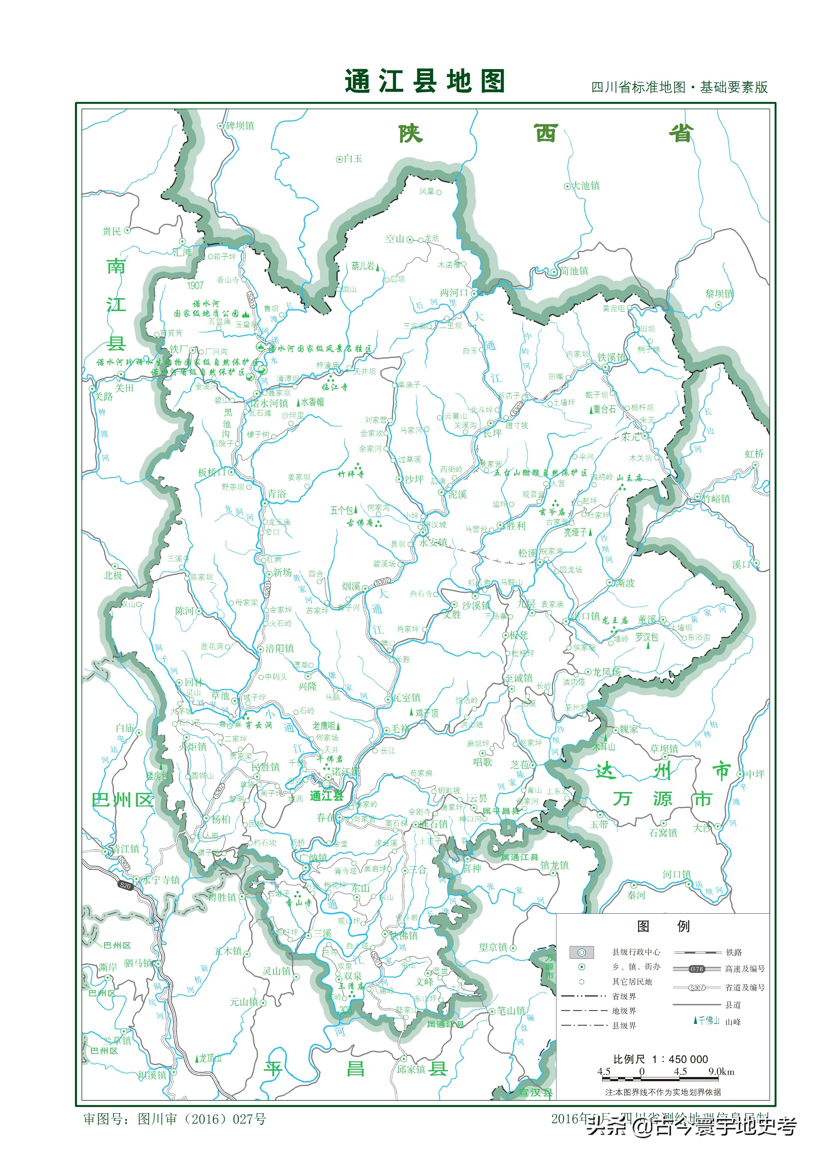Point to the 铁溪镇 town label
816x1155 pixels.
[611, 357]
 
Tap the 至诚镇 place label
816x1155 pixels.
[519, 678]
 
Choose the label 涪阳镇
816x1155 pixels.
[279, 648]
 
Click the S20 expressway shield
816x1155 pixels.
[125, 885]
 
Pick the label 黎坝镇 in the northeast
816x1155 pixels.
[719, 294]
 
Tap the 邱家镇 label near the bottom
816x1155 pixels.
[411, 1069]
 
